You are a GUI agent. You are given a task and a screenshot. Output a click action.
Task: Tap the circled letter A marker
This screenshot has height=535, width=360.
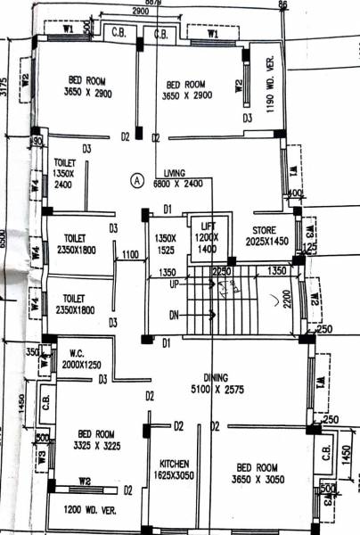137,178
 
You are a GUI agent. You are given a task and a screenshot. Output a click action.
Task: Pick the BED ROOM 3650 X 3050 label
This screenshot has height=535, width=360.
257,472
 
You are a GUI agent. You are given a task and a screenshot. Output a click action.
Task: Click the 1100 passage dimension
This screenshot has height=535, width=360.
129,254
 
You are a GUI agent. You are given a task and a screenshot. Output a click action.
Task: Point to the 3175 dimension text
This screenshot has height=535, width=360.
4,86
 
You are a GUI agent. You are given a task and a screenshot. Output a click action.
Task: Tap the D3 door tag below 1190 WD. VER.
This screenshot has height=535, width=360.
248,118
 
